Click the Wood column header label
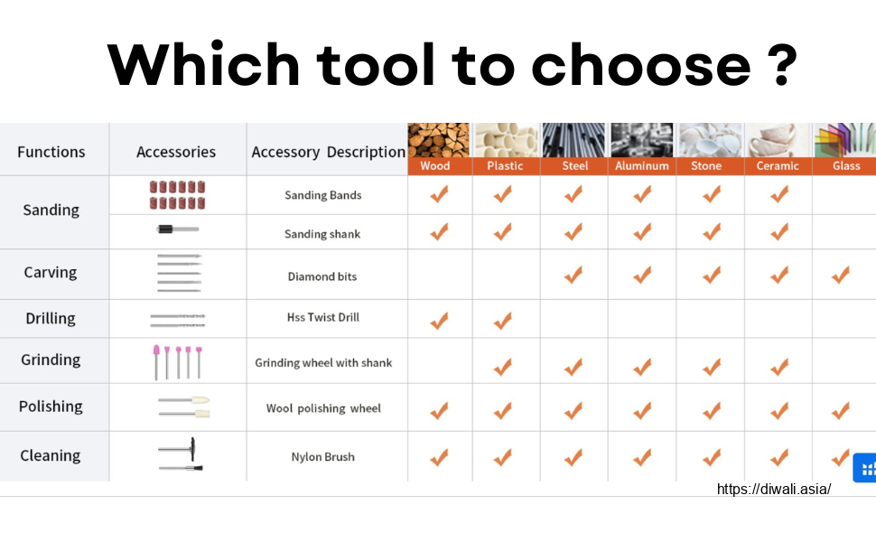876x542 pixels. coord(434,166)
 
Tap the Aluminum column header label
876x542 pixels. coord(642,166)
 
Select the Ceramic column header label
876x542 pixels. coord(778,166)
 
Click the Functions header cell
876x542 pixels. coord(51,152)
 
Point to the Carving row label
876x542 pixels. coord(51,272)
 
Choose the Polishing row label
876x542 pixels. coord(51,406)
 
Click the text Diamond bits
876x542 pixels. coord(322,276)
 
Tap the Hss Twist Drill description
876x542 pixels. coord(323,317)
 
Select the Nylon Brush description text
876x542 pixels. coord(323,457)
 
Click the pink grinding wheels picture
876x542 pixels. coord(178,362)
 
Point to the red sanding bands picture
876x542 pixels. coord(177,195)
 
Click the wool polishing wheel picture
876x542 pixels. coord(184,406)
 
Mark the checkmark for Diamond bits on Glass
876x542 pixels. coord(840,275)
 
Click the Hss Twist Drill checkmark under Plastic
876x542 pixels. coord(503,321)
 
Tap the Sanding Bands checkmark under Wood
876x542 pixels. coord(439,194)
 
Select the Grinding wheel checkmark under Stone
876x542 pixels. coord(712,367)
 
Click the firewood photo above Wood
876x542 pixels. coord(439,140)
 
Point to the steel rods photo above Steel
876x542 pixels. coord(573,140)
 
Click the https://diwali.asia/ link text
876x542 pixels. coord(774,490)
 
